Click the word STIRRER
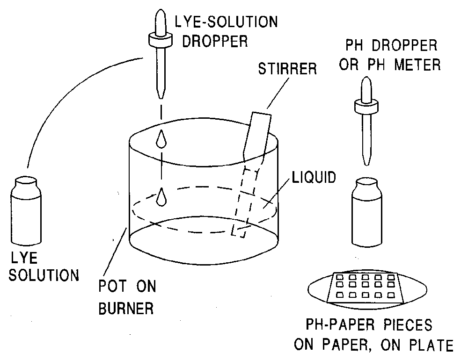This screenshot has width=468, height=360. (x=287, y=69)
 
